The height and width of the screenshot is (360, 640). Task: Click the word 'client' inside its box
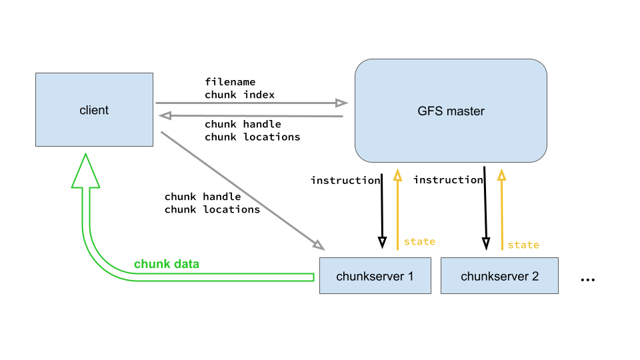[x=94, y=110]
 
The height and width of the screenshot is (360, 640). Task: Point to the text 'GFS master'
[x=451, y=111]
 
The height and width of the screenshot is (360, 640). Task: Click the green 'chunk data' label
[x=167, y=264]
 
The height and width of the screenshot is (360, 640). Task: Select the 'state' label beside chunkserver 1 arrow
[x=419, y=241]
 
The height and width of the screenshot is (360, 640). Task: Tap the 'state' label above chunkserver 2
[x=523, y=245]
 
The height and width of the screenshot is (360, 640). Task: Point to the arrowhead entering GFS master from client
[x=342, y=103]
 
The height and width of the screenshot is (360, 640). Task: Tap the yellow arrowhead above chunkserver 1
[x=397, y=175]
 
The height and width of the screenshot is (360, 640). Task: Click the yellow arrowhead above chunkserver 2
[x=501, y=175]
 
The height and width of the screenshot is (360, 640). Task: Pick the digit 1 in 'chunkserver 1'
[x=410, y=276]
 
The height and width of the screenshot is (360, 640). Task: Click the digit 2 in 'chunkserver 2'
[x=535, y=276]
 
